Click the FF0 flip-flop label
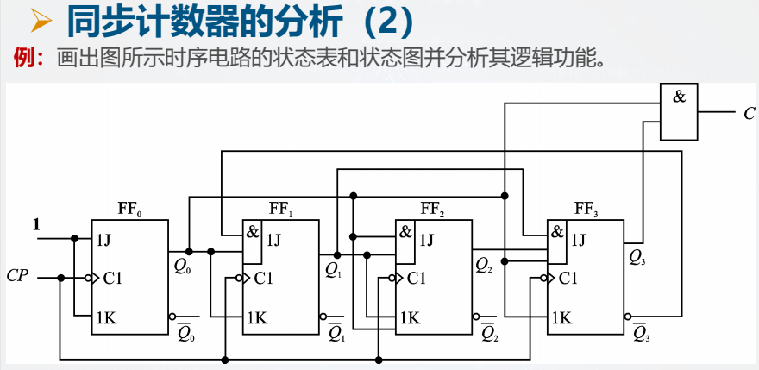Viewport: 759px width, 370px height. coord(129,208)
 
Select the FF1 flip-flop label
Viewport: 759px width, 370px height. coord(281,208)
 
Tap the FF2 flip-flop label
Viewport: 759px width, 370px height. coord(433,208)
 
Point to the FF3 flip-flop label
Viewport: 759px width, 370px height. coord(586,208)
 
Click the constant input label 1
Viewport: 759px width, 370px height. coord(36,225)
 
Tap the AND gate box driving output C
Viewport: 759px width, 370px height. coord(680,112)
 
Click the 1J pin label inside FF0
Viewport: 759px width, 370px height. coord(104,240)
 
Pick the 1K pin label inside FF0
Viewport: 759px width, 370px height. coord(105,317)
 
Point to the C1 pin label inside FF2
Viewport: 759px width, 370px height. coord(417,278)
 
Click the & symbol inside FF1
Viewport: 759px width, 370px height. coord(253,232)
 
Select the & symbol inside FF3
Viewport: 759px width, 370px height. coord(557,232)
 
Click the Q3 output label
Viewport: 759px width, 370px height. coord(637,256)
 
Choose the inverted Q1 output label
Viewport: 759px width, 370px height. coord(336,331)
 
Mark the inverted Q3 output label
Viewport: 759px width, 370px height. coord(640,331)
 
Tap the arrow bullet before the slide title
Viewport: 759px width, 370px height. coord(42,22)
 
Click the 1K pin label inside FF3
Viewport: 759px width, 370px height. coord(561,317)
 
